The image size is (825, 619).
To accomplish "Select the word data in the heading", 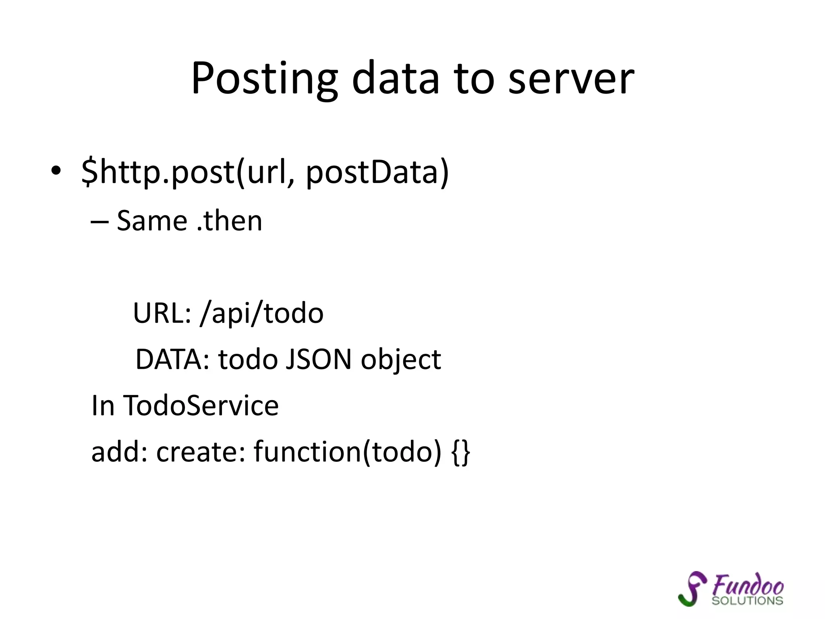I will tap(395, 79).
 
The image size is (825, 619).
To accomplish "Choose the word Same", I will tap(152, 221).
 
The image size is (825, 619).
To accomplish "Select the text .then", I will tap(230, 221).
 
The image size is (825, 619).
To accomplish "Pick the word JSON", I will tap(318, 359).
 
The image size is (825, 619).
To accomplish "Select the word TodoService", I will tap(201, 405).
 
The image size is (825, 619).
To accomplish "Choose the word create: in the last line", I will tap(201, 451).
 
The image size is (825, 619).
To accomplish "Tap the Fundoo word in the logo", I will tap(748, 584).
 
